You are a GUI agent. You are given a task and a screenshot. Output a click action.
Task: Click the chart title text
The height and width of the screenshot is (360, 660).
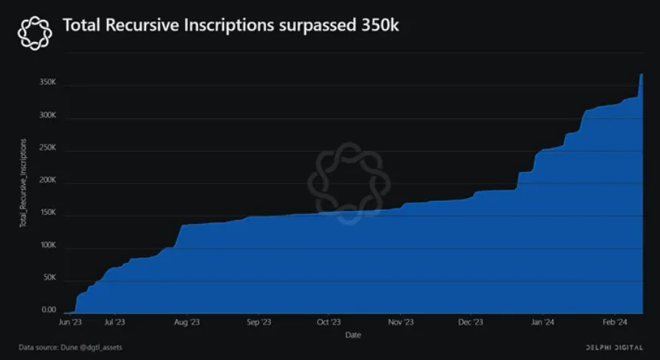pyautogui.click(x=230, y=26)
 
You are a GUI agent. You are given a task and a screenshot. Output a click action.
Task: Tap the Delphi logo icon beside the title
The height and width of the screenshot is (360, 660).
pyautogui.click(x=34, y=31)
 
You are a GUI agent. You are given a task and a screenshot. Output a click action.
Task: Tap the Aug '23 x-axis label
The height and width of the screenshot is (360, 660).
pyautogui.click(x=187, y=323)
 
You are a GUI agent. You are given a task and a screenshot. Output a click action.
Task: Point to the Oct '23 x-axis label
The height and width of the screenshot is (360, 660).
pyautogui.click(x=328, y=323)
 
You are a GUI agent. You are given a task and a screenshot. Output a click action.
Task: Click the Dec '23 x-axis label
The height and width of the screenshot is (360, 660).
pyautogui.click(x=472, y=323)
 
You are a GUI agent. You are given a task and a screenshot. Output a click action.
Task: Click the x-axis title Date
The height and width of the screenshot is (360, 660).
pyautogui.click(x=353, y=335)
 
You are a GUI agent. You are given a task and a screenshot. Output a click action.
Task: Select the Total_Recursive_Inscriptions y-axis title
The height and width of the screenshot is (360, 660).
pyautogui.click(x=23, y=183)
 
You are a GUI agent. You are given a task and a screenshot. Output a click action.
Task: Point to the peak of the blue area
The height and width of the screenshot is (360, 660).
pyautogui.click(x=641, y=74)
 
